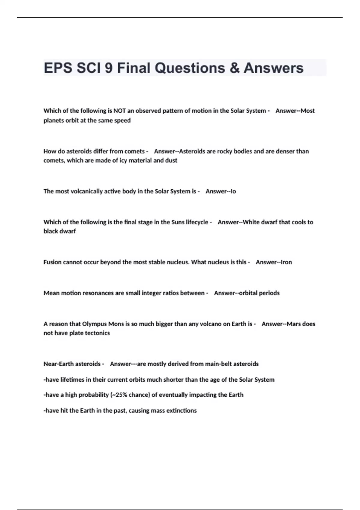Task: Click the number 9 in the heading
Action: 109,68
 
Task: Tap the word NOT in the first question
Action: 119,111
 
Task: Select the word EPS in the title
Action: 58,68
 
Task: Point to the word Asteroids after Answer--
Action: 192,151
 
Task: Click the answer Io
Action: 233,191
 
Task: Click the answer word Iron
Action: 286,262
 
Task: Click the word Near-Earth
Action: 57,364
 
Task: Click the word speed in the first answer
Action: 122,120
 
